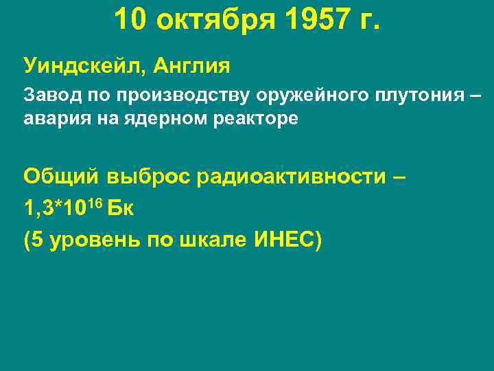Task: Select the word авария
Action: pos(50,118)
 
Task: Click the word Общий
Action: pos(61,177)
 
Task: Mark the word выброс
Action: pos(148,177)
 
